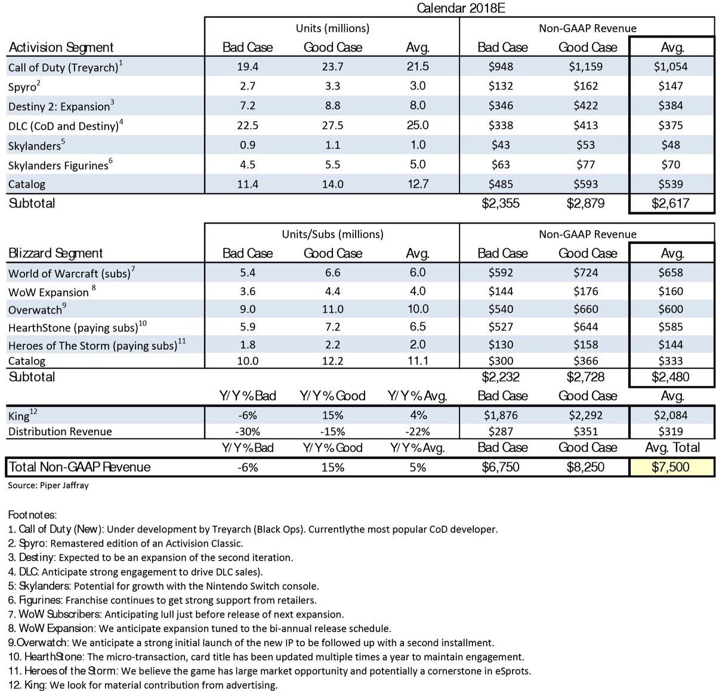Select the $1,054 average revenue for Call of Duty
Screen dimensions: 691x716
[671, 66]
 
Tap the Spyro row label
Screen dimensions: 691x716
[24, 86]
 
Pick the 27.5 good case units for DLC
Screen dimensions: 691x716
[332, 125]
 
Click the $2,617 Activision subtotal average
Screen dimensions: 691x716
[671, 203]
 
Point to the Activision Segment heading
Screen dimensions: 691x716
[61, 47]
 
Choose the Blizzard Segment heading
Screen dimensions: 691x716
[56, 253]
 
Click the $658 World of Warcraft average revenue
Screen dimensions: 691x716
[672, 272]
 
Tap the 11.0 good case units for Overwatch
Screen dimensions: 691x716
[332, 309]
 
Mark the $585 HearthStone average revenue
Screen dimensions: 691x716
[672, 327]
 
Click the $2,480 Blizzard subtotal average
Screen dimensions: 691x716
[671, 377]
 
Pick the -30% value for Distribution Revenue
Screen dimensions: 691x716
[247, 432]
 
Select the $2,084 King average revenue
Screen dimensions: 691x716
[671, 415]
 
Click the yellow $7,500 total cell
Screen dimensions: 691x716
[671, 467]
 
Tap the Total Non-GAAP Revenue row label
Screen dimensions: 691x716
[80, 467]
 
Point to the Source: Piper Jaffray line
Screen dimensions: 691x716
[48, 485]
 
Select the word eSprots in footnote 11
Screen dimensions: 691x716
[511, 671]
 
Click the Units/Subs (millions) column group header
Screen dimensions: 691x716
[332, 234]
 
